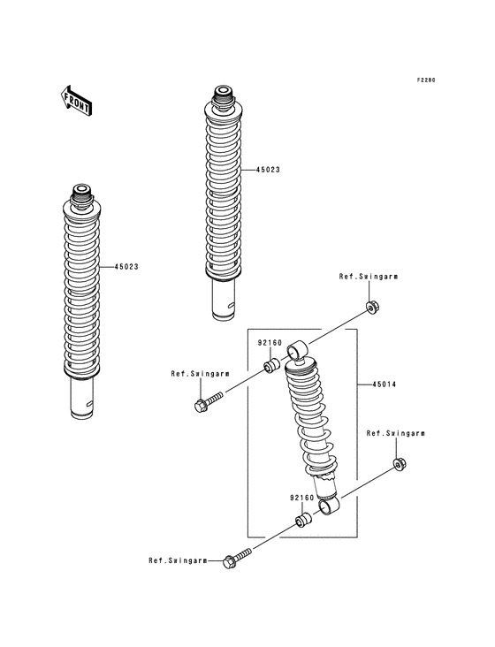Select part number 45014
[x=383, y=384]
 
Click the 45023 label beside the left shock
[x=126, y=266]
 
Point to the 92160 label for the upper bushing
[x=270, y=342]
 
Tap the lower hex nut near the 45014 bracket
[x=399, y=463]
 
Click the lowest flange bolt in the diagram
[x=237, y=559]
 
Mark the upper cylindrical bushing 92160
[x=273, y=363]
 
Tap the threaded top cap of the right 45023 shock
[x=222, y=92]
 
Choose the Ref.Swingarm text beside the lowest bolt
[x=178, y=560]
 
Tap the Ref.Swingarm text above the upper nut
[x=369, y=277]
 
